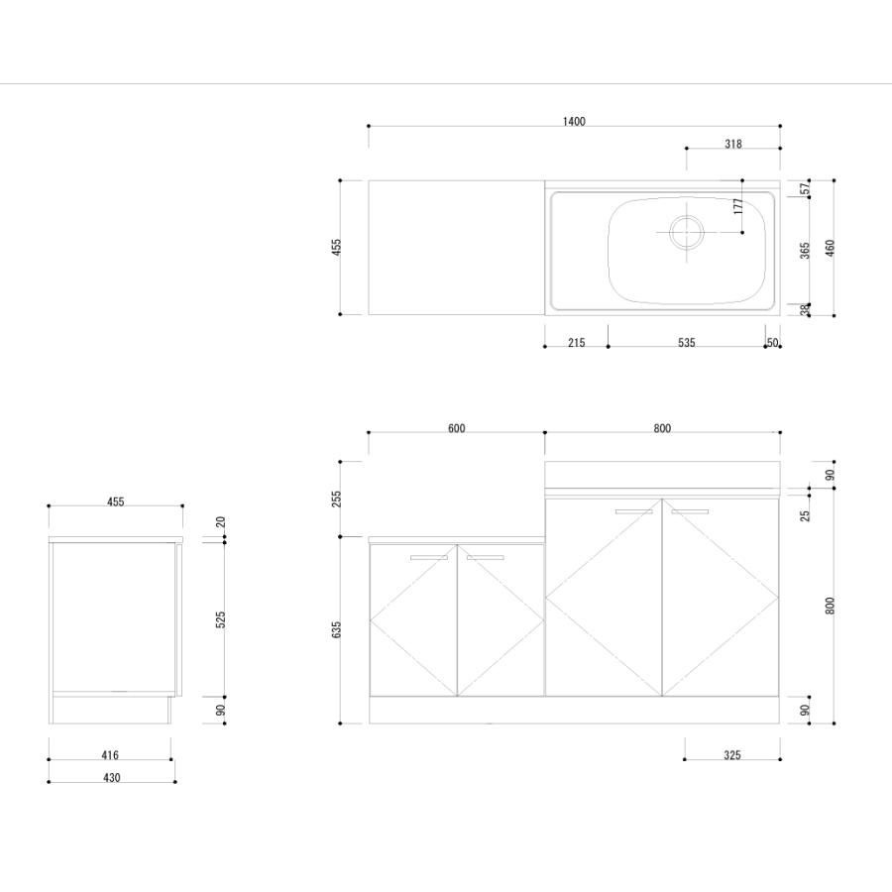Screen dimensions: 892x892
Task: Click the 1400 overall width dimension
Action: pyautogui.click(x=574, y=121)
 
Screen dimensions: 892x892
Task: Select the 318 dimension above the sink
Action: pyautogui.click(x=732, y=144)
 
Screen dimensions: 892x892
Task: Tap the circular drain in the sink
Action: pyautogui.click(x=687, y=232)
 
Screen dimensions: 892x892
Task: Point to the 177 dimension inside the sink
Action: pyautogui.click(x=738, y=206)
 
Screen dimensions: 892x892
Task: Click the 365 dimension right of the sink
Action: pyautogui.click(x=805, y=251)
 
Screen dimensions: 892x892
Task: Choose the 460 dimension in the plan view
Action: pyautogui.click(x=830, y=248)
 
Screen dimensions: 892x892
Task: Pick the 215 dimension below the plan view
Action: pyautogui.click(x=576, y=343)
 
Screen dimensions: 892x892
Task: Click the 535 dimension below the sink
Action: pyautogui.click(x=686, y=343)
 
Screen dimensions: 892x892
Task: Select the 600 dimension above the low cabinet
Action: pyautogui.click(x=456, y=428)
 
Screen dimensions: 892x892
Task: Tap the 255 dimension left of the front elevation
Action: pyautogui.click(x=336, y=499)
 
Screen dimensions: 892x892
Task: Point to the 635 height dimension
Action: pyautogui.click(x=336, y=629)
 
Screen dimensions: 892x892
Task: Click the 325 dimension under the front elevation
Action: pyautogui.click(x=732, y=755)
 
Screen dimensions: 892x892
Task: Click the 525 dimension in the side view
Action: pyautogui.click(x=221, y=619)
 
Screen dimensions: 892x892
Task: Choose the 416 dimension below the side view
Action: pyautogui.click(x=110, y=755)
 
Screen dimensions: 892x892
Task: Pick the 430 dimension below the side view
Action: pyautogui.click(x=111, y=778)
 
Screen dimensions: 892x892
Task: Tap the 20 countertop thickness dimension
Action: pyautogui.click(x=221, y=521)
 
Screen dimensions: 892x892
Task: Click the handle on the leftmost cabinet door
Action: pyautogui.click(x=429, y=557)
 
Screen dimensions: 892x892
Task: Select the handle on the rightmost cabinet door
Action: pyautogui.click(x=690, y=511)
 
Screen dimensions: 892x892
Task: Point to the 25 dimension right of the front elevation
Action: pyautogui.click(x=805, y=516)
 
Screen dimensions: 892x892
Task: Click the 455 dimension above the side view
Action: pyautogui.click(x=116, y=502)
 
